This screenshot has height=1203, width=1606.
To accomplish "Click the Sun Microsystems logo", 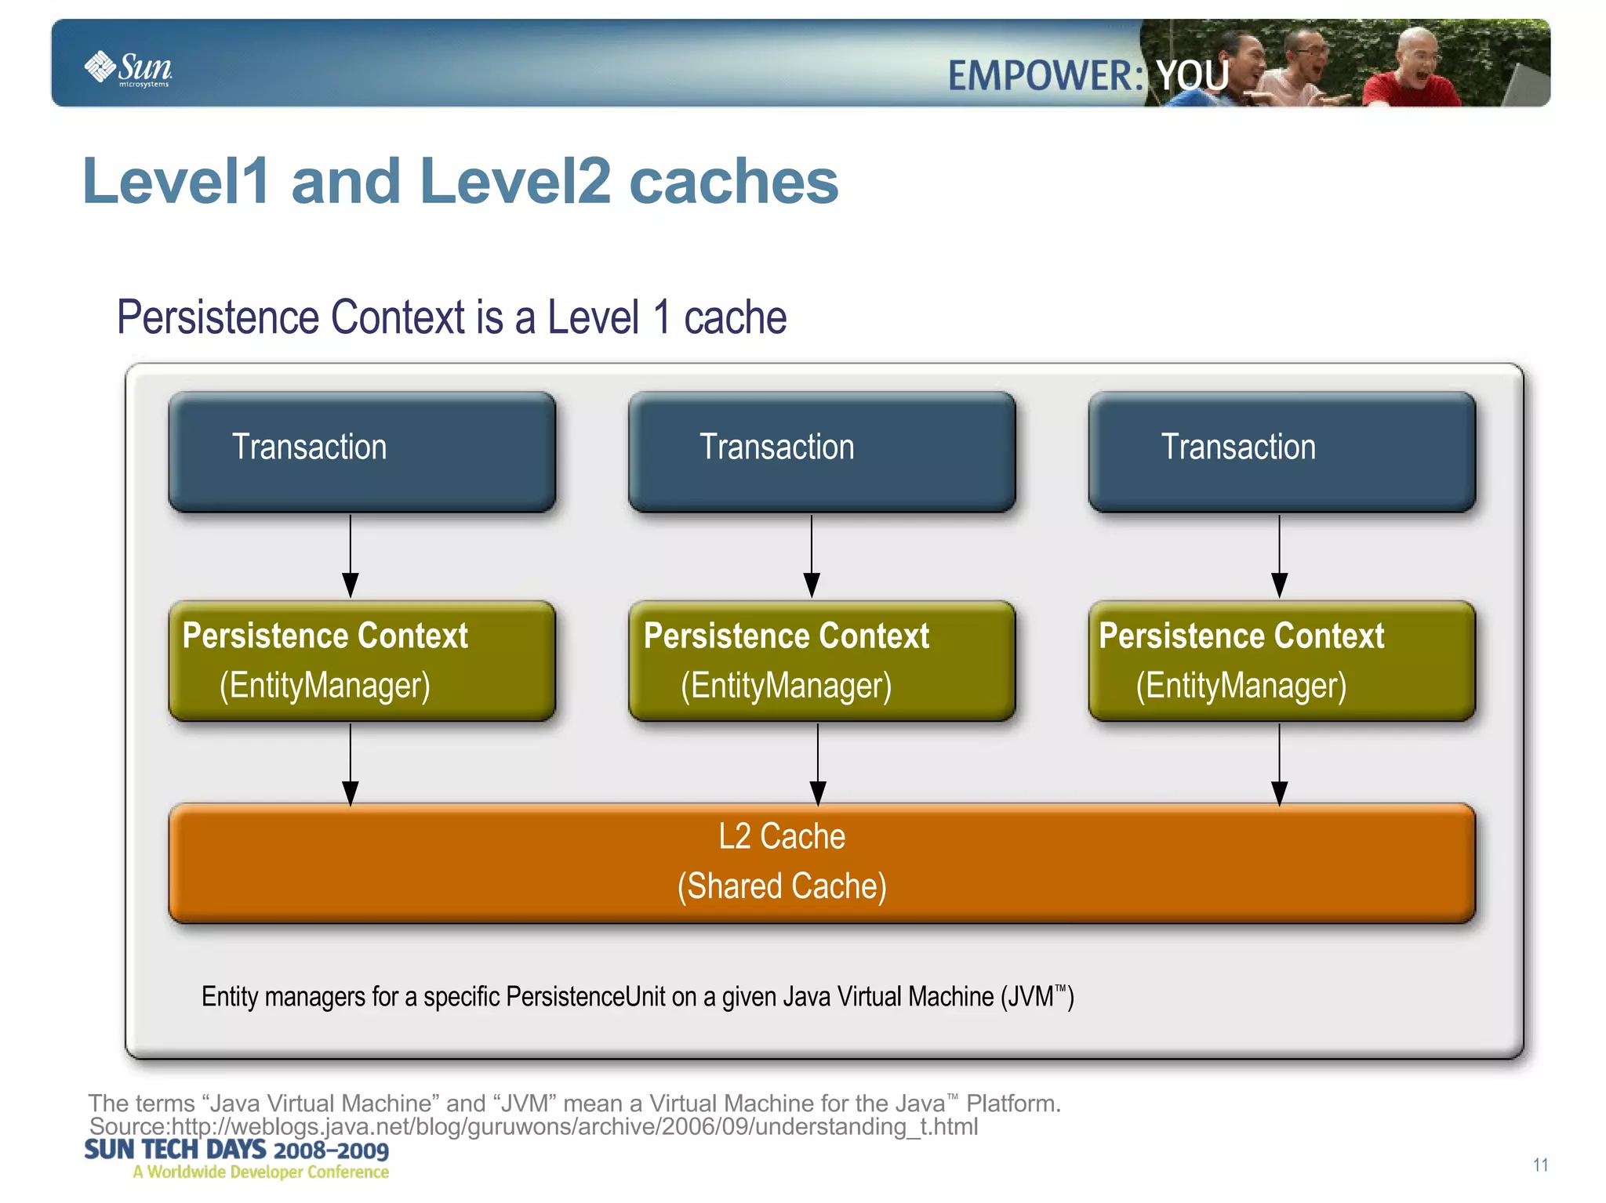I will pyautogui.click(x=129, y=68).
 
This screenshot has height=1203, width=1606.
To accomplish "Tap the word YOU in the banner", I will pyautogui.click(x=1192, y=76).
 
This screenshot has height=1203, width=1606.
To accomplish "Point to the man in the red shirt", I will pyautogui.click(x=1411, y=71).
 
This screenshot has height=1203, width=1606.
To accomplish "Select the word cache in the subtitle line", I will pyautogui.click(x=735, y=317).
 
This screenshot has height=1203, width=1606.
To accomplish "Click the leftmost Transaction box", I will pyautogui.click(x=362, y=451).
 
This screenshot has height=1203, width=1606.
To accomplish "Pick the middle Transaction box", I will pyautogui.click(x=821, y=451).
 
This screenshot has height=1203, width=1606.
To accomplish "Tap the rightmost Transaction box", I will pyautogui.click(x=1281, y=451).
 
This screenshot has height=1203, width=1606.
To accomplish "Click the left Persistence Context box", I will pyautogui.click(x=362, y=661).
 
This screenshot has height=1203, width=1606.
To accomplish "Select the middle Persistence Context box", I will pyautogui.click(x=821, y=661).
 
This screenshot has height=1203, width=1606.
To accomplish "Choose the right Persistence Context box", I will pyautogui.click(x=1281, y=661).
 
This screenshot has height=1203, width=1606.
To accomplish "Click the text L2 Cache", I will pyautogui.click(x=782, y=836).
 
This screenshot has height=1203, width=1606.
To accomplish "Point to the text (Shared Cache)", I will pyautogui.click(x=782, y=886).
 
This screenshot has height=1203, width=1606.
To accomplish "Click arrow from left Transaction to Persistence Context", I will pyautogui.click(x=351, y=556).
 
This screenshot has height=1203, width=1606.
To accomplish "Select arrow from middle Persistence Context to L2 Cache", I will pyautogui.click(x=817, y=763).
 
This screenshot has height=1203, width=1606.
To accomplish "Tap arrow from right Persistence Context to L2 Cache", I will pyautogui.click(x=1279, y=763).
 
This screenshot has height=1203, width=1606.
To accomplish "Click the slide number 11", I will pyautogui.click(x=1540, y=1165).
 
